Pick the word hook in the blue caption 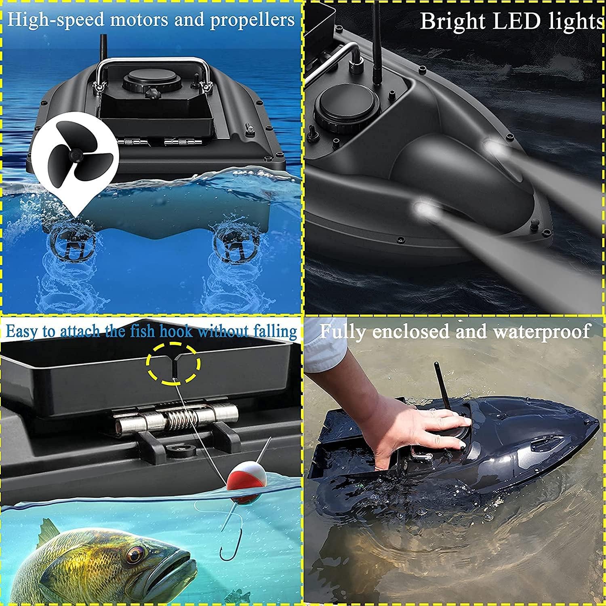click(x=176, y=331)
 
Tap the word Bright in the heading click(x=453, y=22)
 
